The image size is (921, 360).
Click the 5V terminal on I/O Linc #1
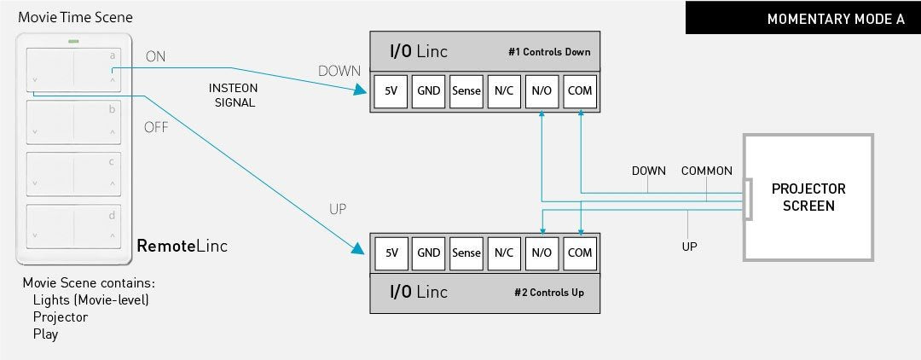(391, 90)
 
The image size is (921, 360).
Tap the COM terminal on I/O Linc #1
(580, 90)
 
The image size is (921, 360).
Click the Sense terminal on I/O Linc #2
(466, 253)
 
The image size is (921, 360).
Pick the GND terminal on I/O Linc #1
(429, 90)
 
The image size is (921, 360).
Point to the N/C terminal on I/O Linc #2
(504, 253)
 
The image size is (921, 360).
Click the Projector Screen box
(808, 196)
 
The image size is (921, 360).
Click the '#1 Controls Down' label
(548, 52)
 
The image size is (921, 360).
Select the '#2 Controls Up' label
(548, 293)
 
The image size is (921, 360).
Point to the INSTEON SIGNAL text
(232, 95)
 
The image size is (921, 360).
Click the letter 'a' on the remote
(112, 56)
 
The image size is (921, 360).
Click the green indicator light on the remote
(74, 39)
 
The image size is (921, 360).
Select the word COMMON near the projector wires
(706, 171)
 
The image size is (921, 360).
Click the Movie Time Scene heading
(75, 17)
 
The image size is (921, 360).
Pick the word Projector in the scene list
(61, 316)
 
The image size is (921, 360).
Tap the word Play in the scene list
(45, 334)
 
